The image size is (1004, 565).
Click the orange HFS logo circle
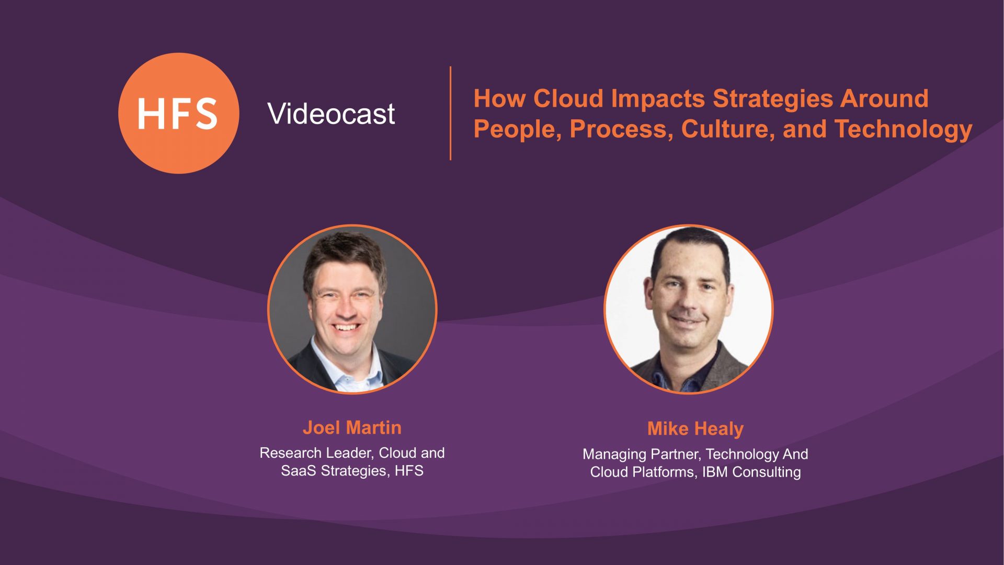point(179,113)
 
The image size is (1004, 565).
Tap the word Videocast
point(331,114)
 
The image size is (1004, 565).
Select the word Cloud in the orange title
point(568,98)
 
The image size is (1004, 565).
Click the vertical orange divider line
point(450,113)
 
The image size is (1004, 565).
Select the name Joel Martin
point(352,427)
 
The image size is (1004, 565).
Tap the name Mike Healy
point(695,429)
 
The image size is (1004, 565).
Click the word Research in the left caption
point(290,453)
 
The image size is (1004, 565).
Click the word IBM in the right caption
point(715,472)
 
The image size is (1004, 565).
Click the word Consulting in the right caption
point(767,472)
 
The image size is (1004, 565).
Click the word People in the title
point(518,130)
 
